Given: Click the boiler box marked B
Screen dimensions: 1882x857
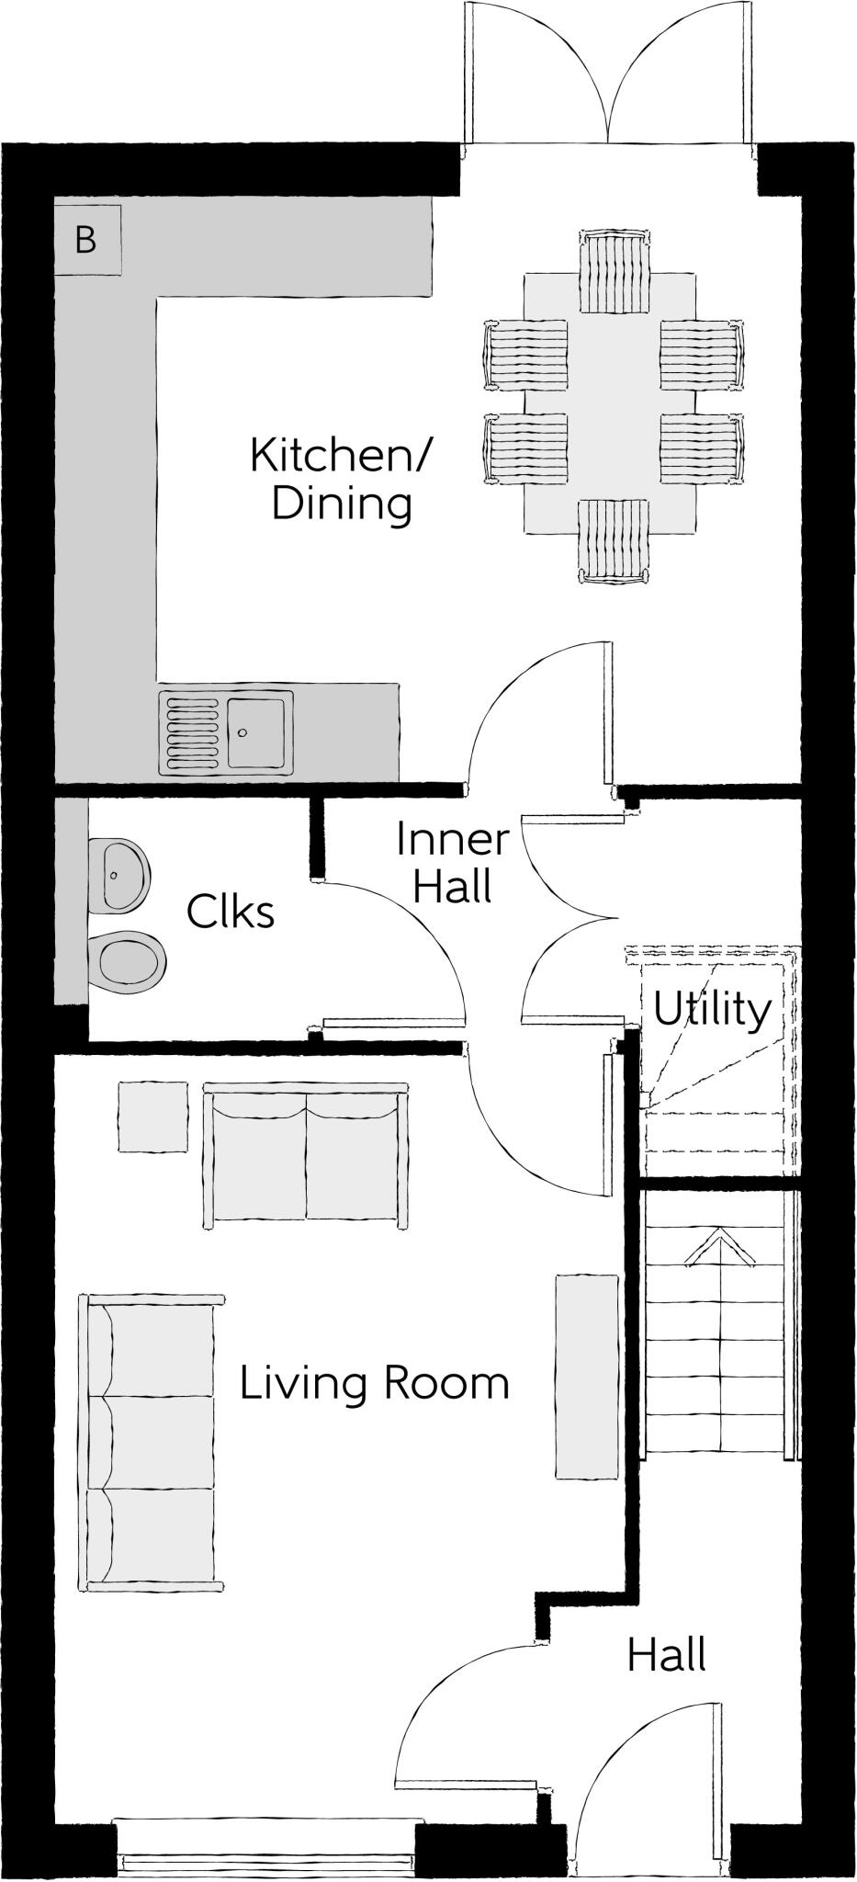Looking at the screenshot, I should [x=86, y=240].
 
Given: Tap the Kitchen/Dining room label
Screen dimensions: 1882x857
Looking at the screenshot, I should [x=342, y=480].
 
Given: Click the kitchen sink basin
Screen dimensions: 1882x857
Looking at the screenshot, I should [x=258, y=732].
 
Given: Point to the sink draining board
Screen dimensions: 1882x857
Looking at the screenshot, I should [x=192, y=732].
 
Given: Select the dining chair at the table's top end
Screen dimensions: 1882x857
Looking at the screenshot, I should [x=615, y=273].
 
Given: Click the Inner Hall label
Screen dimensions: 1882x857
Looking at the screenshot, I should [x=452, y=864].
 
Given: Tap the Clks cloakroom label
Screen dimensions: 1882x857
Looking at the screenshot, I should [x=230, y=913].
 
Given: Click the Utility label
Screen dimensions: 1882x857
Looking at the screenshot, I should [x=712, y=1010].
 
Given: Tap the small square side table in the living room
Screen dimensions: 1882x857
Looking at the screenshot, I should [x=152, y=1116].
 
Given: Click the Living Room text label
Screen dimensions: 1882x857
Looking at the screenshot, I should [x=374, y=1383].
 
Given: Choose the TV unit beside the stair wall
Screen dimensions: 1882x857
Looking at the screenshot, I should [x=586, y=1376].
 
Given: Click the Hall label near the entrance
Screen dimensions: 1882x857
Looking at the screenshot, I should [x=666, y=1655].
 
